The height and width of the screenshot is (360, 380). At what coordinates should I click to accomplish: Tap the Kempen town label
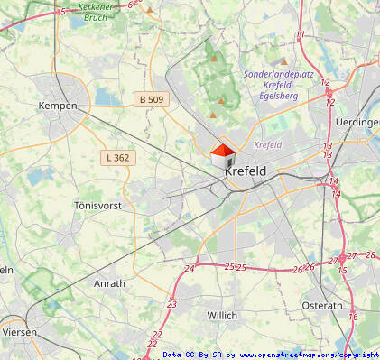point(56,106)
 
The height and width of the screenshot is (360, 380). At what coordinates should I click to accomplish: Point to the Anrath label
point(109,282)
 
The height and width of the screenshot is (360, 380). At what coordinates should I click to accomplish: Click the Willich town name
point(222,315)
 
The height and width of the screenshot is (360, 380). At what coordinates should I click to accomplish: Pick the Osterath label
point(322,306)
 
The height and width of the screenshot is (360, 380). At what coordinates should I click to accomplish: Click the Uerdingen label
point(357,122)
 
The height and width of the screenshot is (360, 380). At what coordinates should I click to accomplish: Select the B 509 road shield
point(153,97)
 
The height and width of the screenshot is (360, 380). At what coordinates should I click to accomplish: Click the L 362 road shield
point(118,157)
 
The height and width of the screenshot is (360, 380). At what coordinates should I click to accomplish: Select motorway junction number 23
point(171,304)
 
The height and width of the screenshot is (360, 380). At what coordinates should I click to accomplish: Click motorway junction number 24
point(189,269)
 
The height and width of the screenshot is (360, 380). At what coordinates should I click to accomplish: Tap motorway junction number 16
point(353,316)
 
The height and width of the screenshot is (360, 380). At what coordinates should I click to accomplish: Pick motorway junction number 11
point(301,34)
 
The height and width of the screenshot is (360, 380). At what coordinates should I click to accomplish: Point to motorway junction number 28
point(370,255)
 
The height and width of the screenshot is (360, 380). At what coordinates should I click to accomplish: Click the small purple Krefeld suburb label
point(268,144)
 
